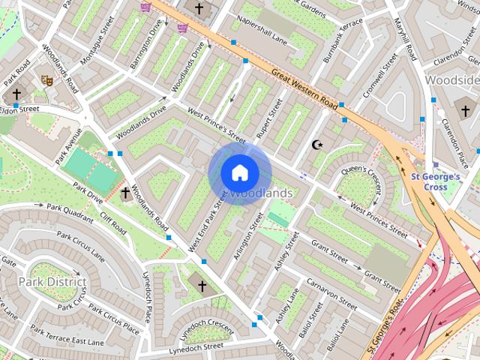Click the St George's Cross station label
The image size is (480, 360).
click(x=436, y=181)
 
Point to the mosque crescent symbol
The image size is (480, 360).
click(x=318, y=144)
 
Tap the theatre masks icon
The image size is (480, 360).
click(x=46, y=79)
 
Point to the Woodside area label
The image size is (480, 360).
click(x=451, y=79)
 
